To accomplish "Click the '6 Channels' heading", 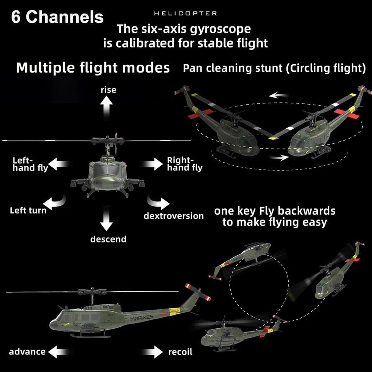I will pos(57,17).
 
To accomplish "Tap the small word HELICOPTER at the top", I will pos(186,14).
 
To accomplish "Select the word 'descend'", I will pos(108,239).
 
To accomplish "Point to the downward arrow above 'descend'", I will pos(106,220).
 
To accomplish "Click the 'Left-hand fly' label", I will pos(30,164).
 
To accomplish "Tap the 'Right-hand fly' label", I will pos(184,164).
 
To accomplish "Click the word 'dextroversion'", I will pos(174,216).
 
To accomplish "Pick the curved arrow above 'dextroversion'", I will pos(158,202).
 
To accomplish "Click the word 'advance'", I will pos(27,351).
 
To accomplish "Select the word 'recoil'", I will pos(180,352).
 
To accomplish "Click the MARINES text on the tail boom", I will pos(142,319).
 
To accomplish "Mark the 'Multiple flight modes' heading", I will pos(93,68).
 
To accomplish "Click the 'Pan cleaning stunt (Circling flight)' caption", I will pos(274,69).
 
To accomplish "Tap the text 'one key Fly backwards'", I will pos(274,211).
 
